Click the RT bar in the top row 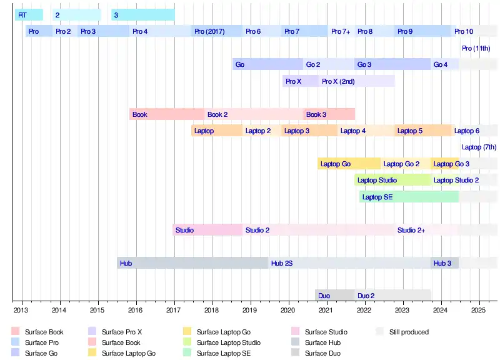pyautogui.click(x=29, y=14)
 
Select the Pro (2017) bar pyautogui.click(x=216, y=31)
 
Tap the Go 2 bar pyautogui.click(x=329, y=64)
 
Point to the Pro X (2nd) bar pyautogui.click(x=356, y=81)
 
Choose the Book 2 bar pyautogui.click(x=254, y=114)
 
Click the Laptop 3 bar pyautogui.click(x=309, y=131)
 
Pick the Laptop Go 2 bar pyautogui.click(x=406, y=164)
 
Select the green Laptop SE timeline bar pyautogui.click(x=409, y=197)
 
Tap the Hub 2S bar pyautogui.click(x=349, y=263)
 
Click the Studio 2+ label pyautogui.click(x=411, y=230)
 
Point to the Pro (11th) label pyautogui.click(x=476, y=48)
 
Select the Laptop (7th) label pyautogui.click(x=479, y=147)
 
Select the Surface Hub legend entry pyautogui.click(x=322, y=342)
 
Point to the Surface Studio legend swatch pyautogui.click(x=296, y=332)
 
